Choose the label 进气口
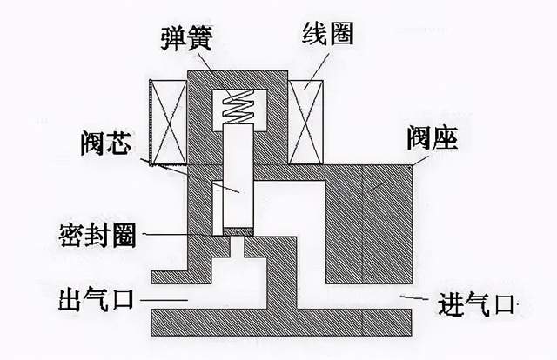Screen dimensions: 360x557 (x=475, y=305)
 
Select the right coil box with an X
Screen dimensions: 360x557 (x=308, y=122)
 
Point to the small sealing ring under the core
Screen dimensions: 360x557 (x=238, y=232)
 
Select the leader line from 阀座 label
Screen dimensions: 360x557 (x=396, y=170)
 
